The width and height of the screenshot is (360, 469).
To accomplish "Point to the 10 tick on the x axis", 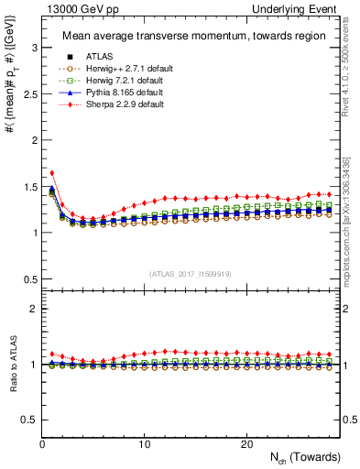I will pos(144,444).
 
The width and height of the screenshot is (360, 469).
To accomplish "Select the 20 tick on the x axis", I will pos(245,444).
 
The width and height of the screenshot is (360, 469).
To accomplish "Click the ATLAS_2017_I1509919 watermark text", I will pos(190,273).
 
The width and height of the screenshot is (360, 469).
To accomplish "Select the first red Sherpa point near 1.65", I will pos(52,172).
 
